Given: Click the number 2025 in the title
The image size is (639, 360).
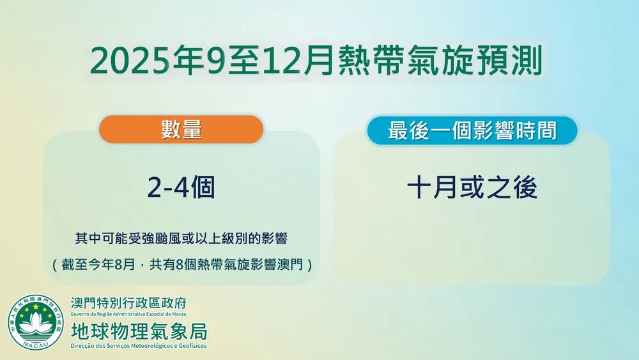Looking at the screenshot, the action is click(x=130, y=61).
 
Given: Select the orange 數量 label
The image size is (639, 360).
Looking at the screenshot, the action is click(x=181, y=129).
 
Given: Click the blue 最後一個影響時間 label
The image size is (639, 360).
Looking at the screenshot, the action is click(x=472, y=130).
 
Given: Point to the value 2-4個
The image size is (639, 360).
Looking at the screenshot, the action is click(x=181, y=187).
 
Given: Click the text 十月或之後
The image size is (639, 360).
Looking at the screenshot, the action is click(x=472, y=187).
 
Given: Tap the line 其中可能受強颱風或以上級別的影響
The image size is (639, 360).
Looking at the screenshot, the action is click(x=181, y=239).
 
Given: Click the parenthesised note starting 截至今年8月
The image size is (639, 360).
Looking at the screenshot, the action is click(x=182, y=265).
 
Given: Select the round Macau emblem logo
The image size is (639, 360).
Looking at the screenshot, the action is click(x=36, y=322).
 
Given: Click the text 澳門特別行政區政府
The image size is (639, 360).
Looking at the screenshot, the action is click(x=128, y=303).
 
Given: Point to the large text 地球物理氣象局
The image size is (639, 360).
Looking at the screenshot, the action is click(x=139, y=331).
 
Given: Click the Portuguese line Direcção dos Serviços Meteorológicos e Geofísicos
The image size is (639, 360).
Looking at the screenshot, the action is click(x=139, y=346).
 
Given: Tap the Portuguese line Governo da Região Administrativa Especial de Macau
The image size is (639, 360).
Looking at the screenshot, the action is click(x=128, y=314).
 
